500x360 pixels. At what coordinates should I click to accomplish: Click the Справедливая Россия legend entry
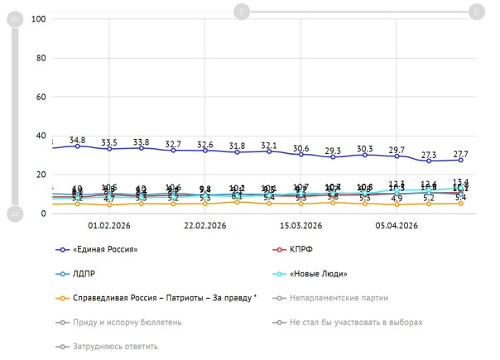pos(157,297)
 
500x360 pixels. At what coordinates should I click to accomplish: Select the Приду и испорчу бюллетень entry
pos(121,322)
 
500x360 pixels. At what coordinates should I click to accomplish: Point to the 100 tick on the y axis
pos(37,19)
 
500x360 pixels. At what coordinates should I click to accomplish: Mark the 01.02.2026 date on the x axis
pos(109,225)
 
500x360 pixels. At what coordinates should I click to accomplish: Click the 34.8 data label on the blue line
pos(77,140)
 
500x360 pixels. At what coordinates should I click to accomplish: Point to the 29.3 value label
pos(333,151)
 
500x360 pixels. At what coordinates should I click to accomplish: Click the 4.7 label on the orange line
pos(109,199)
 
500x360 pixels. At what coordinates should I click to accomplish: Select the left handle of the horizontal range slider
pos(241,12)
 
